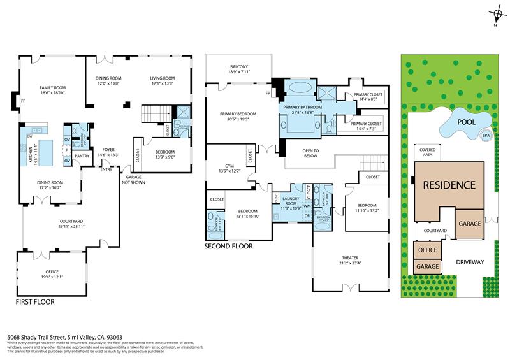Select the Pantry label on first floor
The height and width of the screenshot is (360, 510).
pyautogui.click(x=82, y=155)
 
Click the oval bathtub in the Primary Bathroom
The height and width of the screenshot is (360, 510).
pyautogui.click(x=297, y=89)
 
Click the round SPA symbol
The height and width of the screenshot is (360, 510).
pyautogui.click(x=486, y=136)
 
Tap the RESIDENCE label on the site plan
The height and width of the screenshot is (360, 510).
pyautogui.click(x=449, y=185)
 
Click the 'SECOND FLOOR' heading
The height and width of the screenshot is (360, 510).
pyautogui.click(x=228, y=246)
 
